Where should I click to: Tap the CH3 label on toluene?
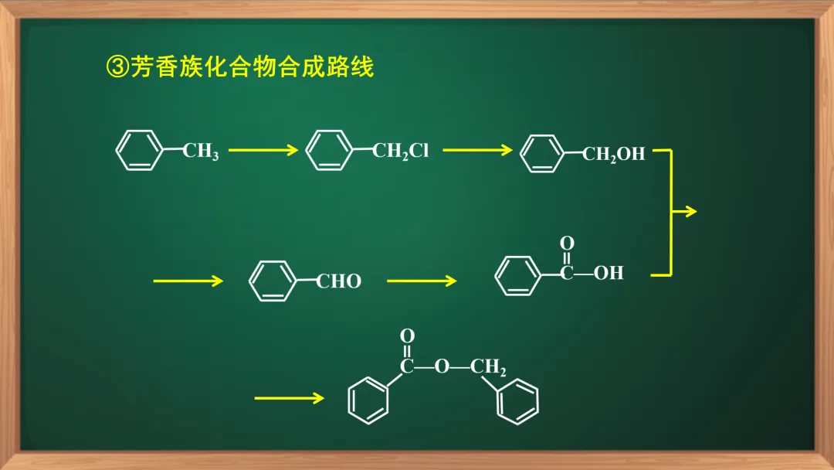[x=201, y=152]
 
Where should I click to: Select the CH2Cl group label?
[x=400, y=152]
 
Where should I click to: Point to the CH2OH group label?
[x=613, y=155]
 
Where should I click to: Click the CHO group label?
[x=339, y=281]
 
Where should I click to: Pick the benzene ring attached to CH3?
[x=139, y=150]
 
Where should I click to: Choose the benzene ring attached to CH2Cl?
[x=329, y=150]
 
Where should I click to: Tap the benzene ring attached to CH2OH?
[x=543, y=153]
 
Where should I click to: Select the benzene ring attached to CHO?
[x=272, y=281]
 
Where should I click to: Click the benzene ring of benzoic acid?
[x=517, y=276]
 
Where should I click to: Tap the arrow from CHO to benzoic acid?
[x=421, y=281]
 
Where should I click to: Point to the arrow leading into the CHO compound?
[x=188, y=281]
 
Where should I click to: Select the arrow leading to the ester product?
[x=289, y=399]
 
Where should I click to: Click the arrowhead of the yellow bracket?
[x=690, y=212]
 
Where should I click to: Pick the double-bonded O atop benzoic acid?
[x=567, y=244]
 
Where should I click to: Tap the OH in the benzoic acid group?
[x=609, y=273]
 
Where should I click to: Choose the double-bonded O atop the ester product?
[x=407, y=336]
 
